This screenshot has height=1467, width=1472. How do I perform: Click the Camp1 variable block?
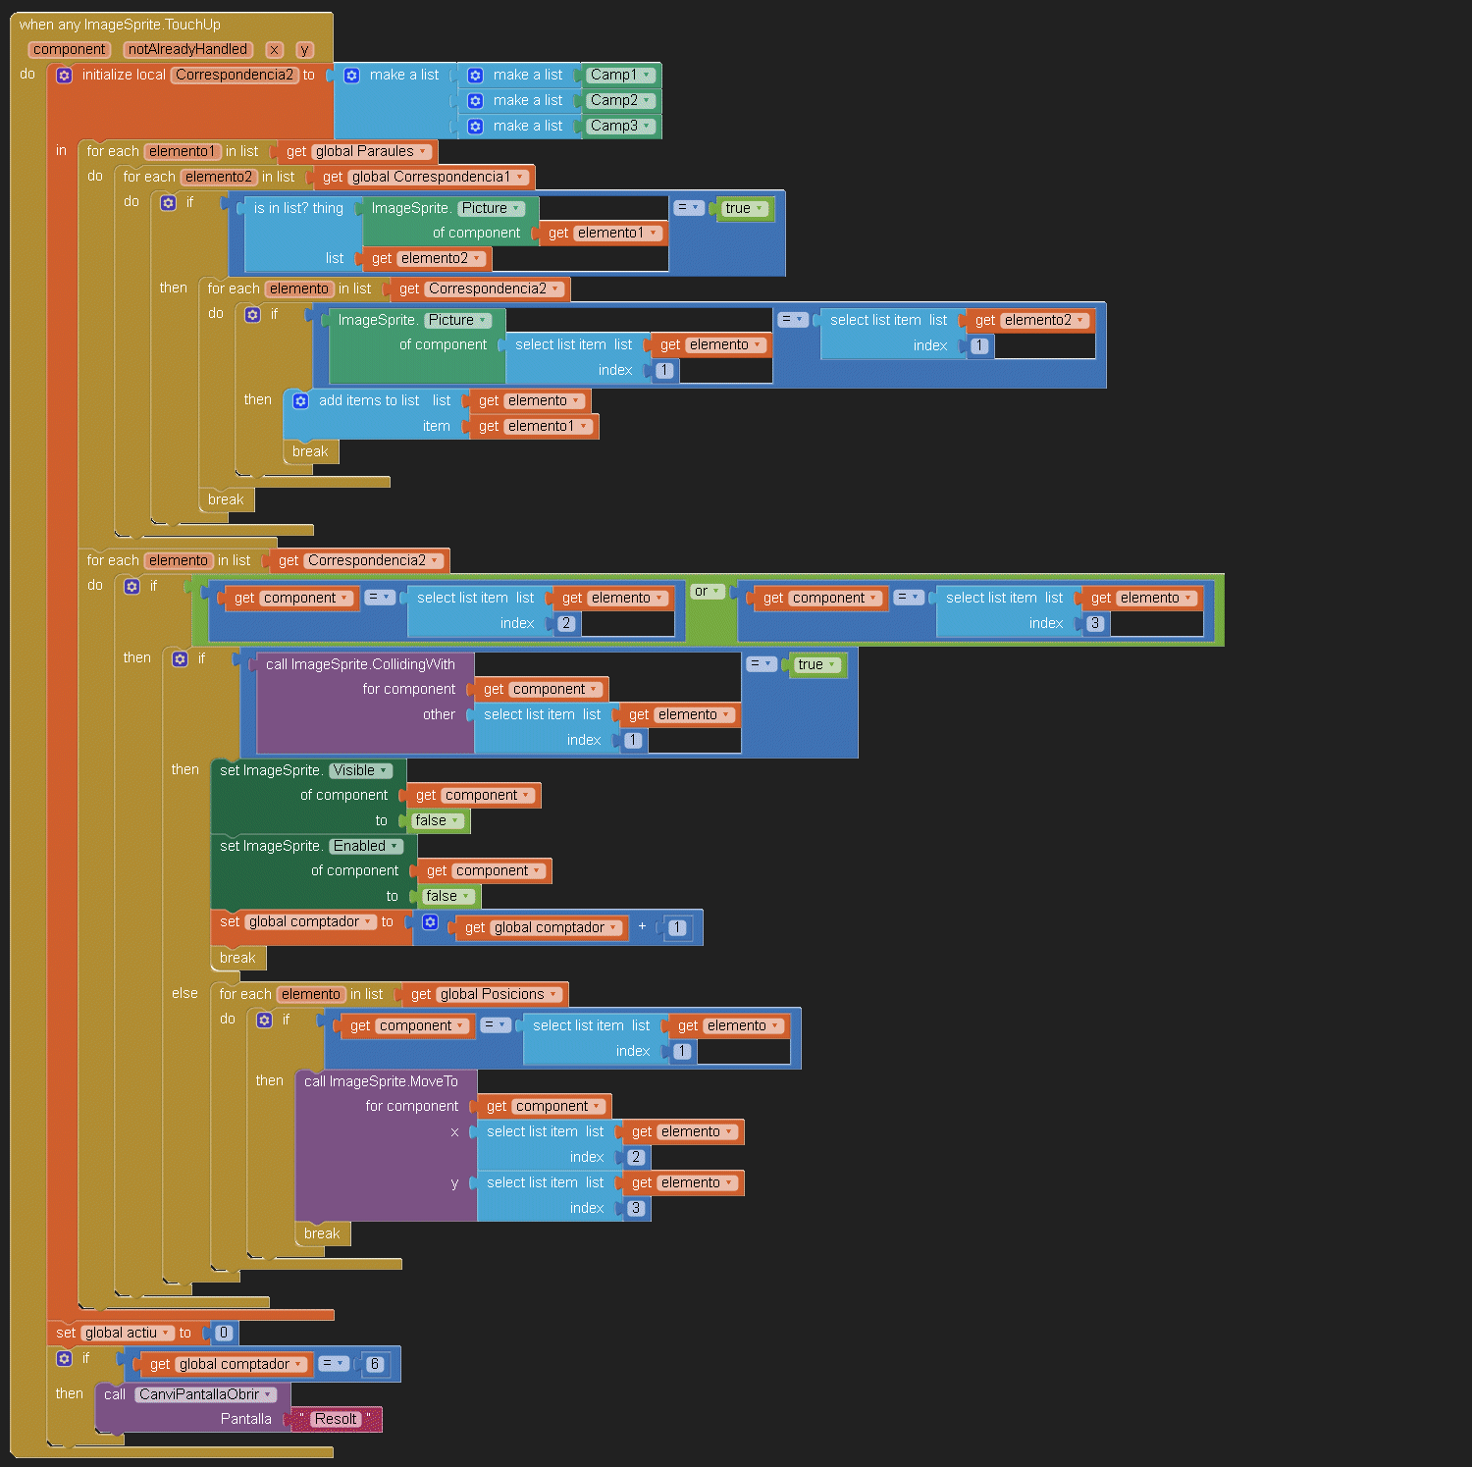(614, 75)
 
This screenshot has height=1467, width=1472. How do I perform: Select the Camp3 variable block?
(614, 126)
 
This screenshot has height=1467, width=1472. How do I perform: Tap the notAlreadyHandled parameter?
(187, 49)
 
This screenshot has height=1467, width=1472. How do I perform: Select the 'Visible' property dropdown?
(359, 770)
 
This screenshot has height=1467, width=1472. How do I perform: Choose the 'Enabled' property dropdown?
(365, 846)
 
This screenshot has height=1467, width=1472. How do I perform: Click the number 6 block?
(374, 1364)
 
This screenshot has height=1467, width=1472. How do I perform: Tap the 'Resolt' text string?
(336, 1419)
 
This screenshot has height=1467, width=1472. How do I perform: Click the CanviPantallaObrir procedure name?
(205, 1394)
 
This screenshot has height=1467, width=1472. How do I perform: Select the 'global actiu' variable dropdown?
(127, 1333)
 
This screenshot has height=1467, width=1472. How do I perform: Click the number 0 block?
(223, 1333)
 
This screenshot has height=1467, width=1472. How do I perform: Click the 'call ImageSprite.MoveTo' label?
(381, 1081)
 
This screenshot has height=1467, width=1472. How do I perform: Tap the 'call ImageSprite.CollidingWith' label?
(360, 664)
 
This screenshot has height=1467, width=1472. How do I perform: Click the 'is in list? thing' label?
(298, 208)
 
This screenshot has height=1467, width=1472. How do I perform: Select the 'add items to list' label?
(369, 400)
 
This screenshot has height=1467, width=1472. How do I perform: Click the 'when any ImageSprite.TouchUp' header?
(120, 25)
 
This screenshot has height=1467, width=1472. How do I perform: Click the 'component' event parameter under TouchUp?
(69, 49)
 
